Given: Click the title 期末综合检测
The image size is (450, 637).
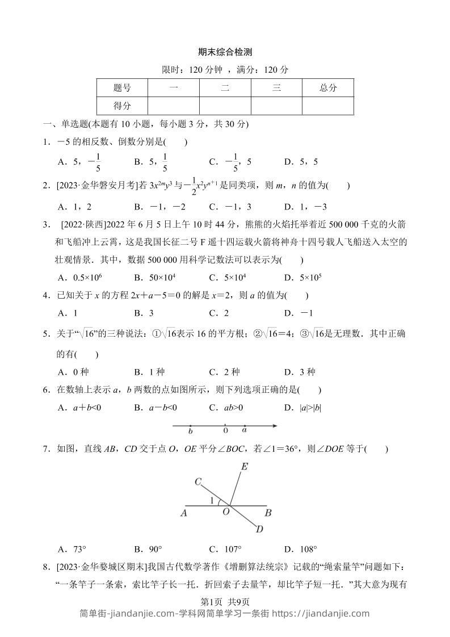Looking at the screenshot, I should pyautogui.click(x=225, y=52).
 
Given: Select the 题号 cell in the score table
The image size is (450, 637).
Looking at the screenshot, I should pyautogui.click(x=122, y=87).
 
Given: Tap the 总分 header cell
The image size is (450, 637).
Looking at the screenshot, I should pyautogui.click(x=327, y=87).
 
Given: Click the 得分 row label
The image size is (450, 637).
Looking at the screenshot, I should pyautogui.click(x=122, y=106).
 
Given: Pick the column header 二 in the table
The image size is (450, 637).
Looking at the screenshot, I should pyautogui.click(x=225, y=87).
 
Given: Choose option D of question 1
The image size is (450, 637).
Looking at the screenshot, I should pyautogui.click(x=301, y=162).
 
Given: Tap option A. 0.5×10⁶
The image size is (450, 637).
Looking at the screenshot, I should pyautogui.click(x=75, y=277).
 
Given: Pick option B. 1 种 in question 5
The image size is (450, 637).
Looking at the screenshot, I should pyautogui.click(x=149, y=372).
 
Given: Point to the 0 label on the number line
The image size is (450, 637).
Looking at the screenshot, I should pyautogui.click(x=225, y=431).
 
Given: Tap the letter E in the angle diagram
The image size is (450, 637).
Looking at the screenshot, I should pyautogui.click(x=245, y=467).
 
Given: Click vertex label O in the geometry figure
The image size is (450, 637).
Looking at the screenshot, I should pyautogui.click(x=226, y=513).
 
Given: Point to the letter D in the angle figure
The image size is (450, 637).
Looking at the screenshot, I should pyautogui.click(x=259, y=529).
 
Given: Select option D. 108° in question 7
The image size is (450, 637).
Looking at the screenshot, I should pyautogui.click(x=301, y=548).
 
